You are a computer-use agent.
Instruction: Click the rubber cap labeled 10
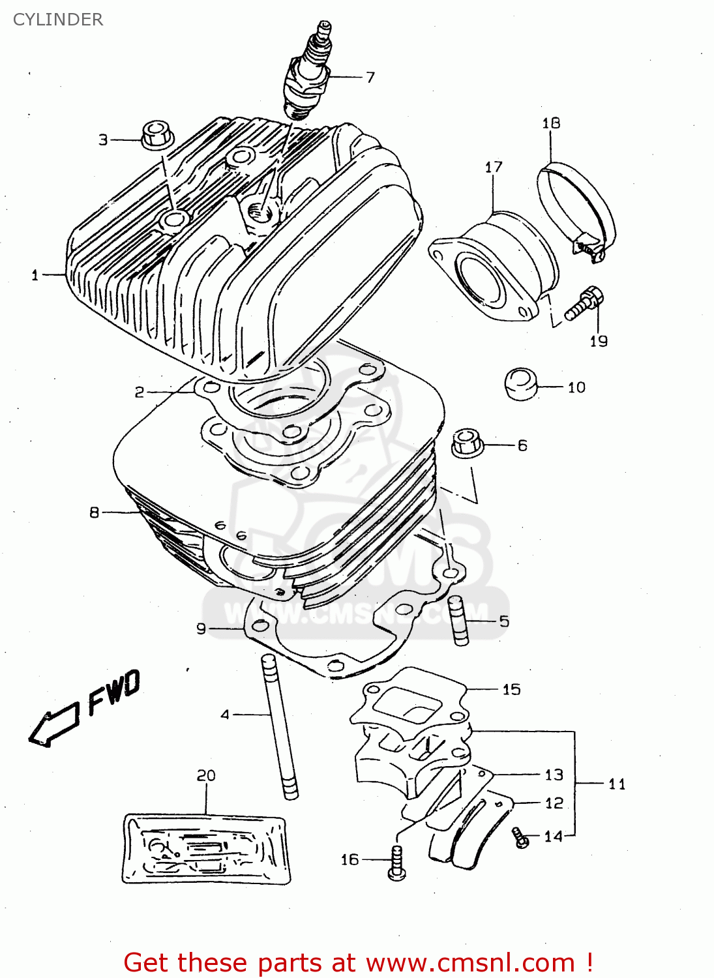pyautogui.click(x=521, y=384)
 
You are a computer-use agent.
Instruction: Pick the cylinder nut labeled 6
pyautogui.click(x=467, y=443)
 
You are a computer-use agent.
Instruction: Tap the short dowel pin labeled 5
pyautogui.click(x=458, y=621)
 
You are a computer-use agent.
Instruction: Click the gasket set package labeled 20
pyautogui.click(x=206, y=848)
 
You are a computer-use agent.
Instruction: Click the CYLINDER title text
pyautogui.click(x=58, y=20)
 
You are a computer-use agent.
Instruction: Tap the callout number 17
pyautogui.click(x=494, y=167)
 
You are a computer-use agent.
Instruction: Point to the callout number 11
pyautogui.click(x=617, y=784)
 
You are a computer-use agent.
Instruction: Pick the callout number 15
pyautogui.click(x=511, y=689)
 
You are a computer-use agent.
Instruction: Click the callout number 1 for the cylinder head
pyautogui.click(x=35, y=275)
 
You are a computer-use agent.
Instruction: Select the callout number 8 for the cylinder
pyautogui.click(x=95, y=512)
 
